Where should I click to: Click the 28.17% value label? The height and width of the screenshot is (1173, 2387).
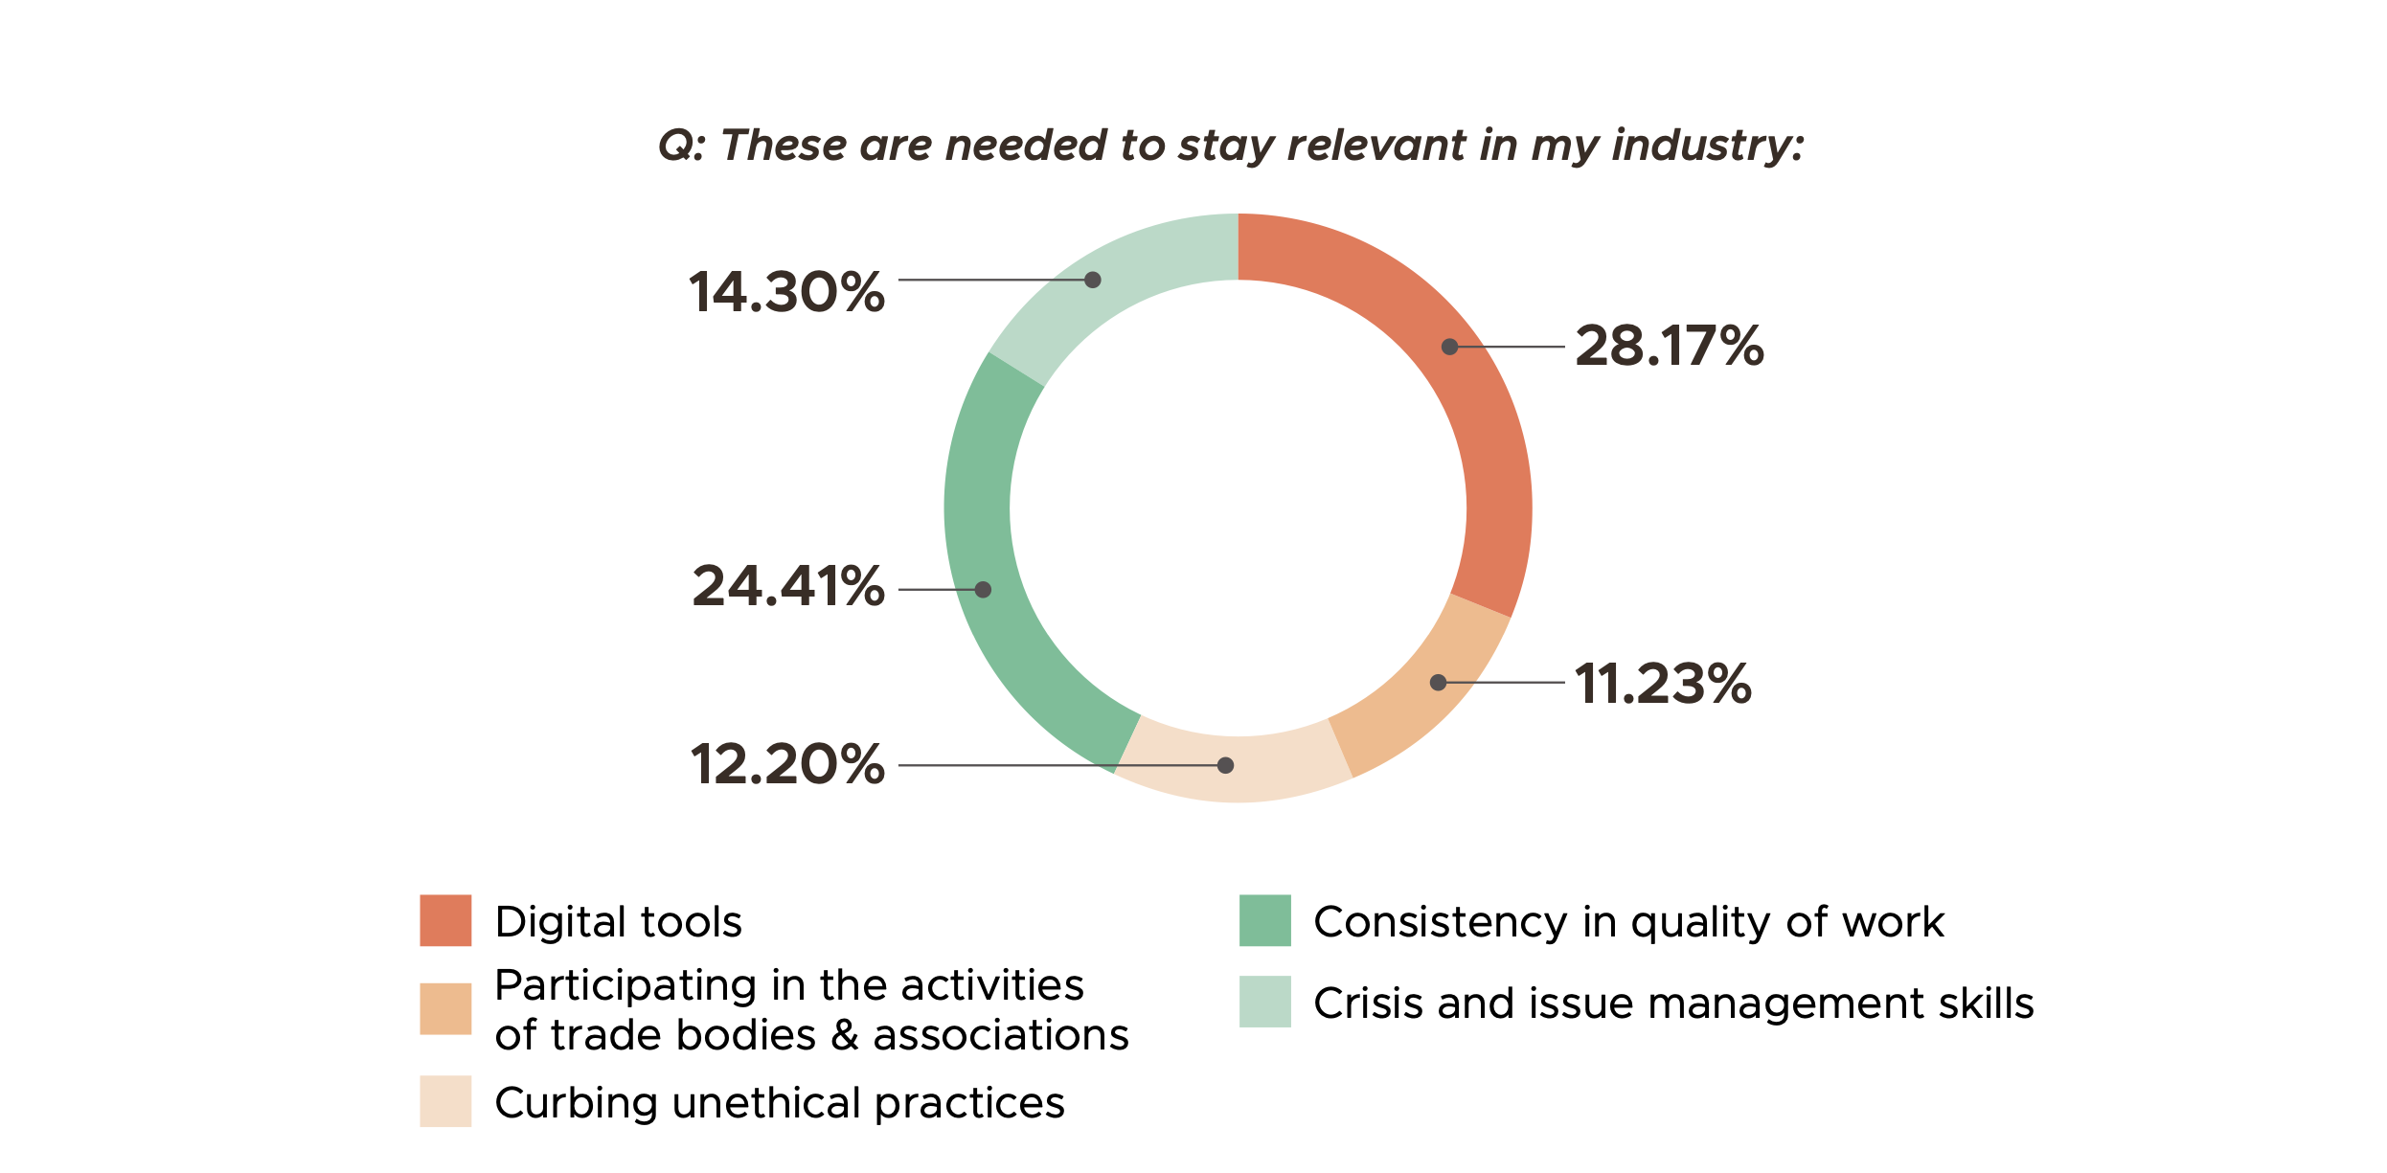[1669, 346]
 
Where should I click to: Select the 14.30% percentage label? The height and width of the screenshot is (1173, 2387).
[786, 292]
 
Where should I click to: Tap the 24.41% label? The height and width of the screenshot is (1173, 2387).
[787, 586]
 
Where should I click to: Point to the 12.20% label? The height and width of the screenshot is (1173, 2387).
[786, 765]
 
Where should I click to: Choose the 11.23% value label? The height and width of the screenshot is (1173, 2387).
[1663, 684]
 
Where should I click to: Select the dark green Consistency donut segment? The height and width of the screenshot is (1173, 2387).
[987, 536]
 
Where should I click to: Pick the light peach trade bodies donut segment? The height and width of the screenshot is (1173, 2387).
[1418, 699]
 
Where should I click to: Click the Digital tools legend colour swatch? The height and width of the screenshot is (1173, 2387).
[445, 920]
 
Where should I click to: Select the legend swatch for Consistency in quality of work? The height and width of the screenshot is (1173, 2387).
[1264, 920]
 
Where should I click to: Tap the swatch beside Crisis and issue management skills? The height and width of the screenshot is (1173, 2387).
[1264, 1002]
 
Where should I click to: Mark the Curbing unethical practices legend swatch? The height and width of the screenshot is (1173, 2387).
[445, 1101]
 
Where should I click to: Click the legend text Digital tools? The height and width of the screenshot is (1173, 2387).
[618, 922]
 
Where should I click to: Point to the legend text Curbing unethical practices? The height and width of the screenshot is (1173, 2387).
[779, 1103]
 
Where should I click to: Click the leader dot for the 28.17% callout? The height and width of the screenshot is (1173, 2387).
[1450, 347]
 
